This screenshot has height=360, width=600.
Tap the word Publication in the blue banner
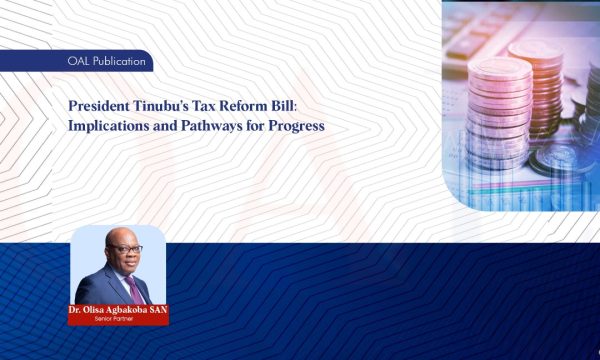pos(114,62)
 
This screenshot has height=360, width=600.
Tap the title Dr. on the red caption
pos(76,310)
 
